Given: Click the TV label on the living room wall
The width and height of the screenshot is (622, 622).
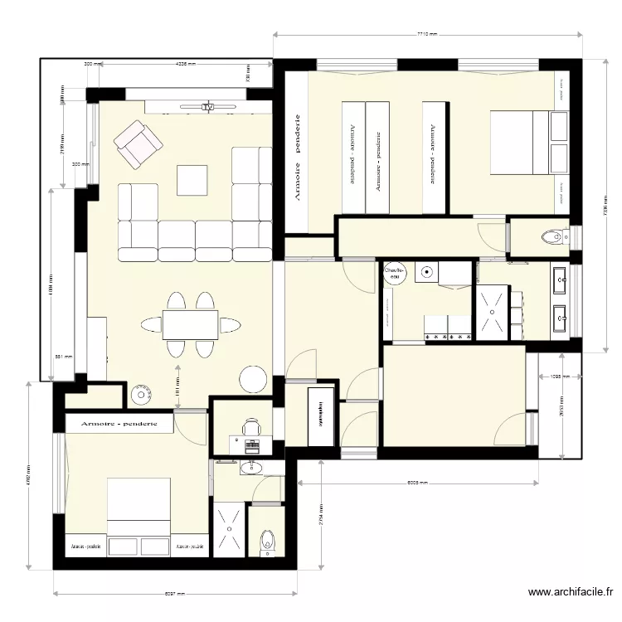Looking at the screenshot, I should [x=208, y=107].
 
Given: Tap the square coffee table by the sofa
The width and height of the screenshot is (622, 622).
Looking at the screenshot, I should [x=192, y=179].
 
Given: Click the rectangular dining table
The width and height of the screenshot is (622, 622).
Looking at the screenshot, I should [x=191, y=323].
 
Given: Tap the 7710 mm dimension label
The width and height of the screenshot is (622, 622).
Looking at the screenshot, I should [x=426, y=35].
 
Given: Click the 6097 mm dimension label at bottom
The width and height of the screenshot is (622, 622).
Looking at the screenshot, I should [x=174, y=594].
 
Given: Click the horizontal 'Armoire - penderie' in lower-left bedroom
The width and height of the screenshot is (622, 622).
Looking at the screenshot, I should [x=119, y=424].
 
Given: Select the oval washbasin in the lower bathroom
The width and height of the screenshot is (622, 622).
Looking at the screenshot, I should [x=250, y=469].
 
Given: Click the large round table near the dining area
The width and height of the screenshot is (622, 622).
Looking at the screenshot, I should [x=254, y=378].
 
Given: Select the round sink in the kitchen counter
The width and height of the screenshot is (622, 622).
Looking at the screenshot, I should [x=428, y=271].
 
